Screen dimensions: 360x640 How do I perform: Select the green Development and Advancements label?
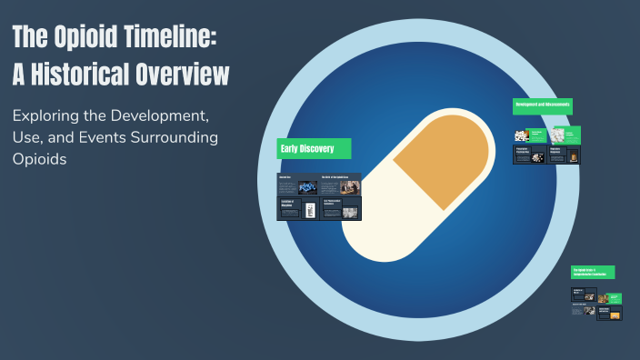click(542, 105)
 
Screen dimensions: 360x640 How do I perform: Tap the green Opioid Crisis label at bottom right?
click(593, 272)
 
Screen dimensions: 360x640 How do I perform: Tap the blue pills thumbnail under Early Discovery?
click(307, 186)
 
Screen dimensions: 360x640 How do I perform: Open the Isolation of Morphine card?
click(297, 209)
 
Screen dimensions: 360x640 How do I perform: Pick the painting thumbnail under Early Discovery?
click(349, 212)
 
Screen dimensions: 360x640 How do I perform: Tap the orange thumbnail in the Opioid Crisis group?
click(615, 315)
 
